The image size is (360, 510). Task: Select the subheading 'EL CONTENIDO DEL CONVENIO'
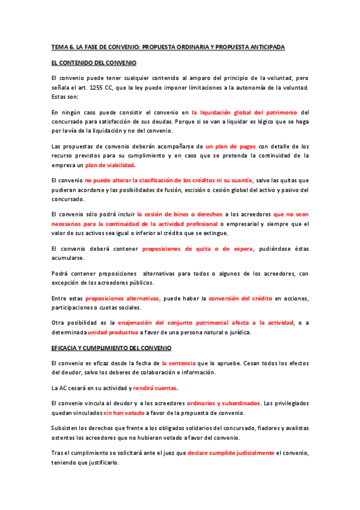(x=94, y=63)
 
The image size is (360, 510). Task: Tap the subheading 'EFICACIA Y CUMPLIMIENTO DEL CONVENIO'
(x=111, y=348)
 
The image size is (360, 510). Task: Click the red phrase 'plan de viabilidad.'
(x=110, y=165)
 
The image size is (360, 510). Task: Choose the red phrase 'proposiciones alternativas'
(x=122, y=298)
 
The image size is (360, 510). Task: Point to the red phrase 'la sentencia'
(x=178, y=363)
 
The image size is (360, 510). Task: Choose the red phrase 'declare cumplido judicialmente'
(x=231, y=452)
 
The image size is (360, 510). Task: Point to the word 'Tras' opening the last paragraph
(x=58, y=452)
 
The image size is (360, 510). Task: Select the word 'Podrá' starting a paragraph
(x=61, y=273)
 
